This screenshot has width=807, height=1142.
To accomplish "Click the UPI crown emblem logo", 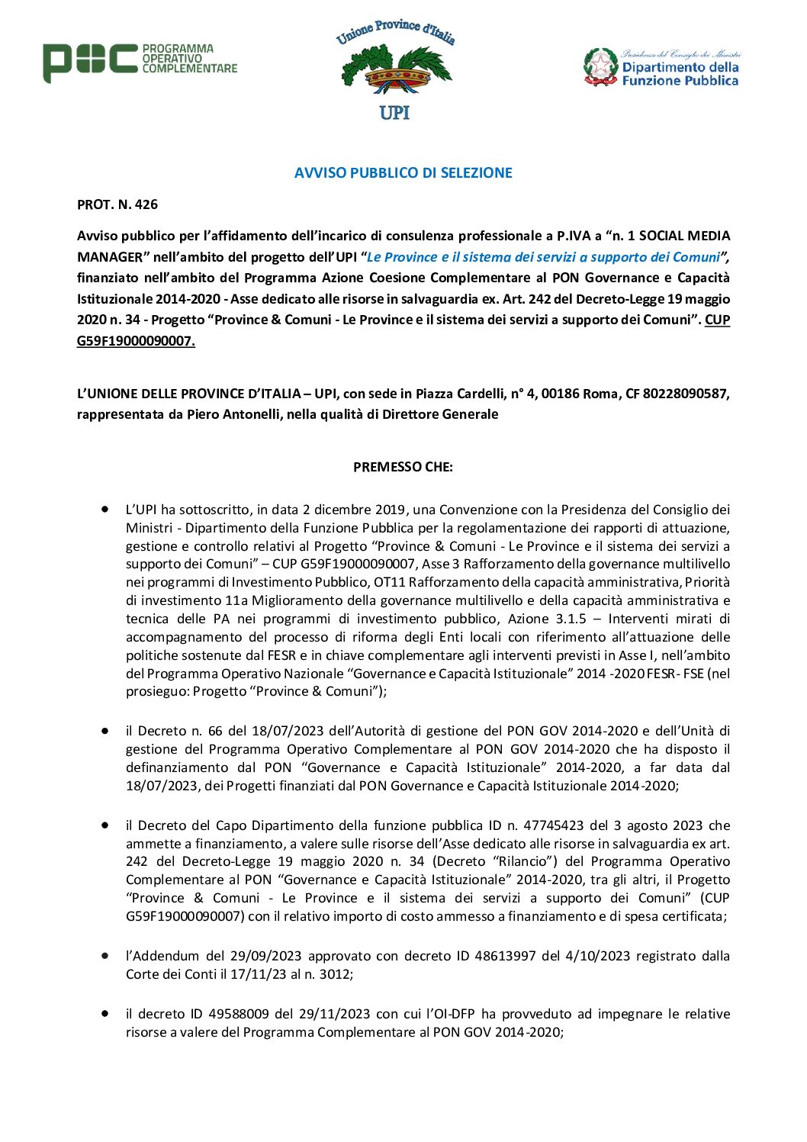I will click(x=395, y=70).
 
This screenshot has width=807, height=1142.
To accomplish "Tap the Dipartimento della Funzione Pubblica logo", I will click(x=661, y=67).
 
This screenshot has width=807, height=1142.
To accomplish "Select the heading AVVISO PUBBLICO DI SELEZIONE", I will click(x=403, y=173).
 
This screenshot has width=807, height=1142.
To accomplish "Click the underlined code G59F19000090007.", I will click(x=136, y=341).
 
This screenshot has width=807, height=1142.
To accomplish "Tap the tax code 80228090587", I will click(x=686, y=394).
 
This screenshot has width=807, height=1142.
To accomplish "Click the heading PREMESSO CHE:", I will click(x=403, y=467).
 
